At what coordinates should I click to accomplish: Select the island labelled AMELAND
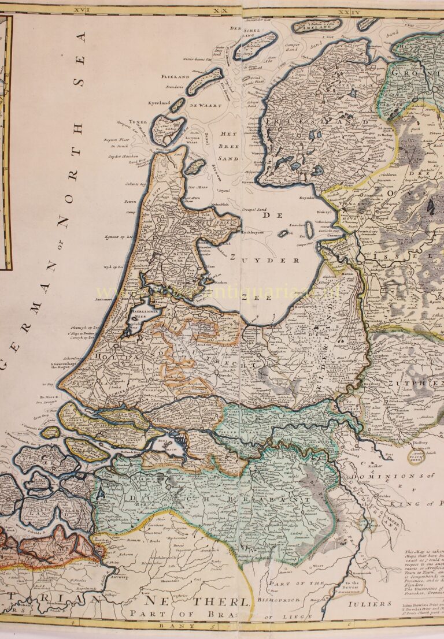point(314,25)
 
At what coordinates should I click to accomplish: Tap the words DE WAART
point(201,106)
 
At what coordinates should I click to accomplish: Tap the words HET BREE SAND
point(229,145)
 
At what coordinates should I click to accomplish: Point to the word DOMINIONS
point(397,477)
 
